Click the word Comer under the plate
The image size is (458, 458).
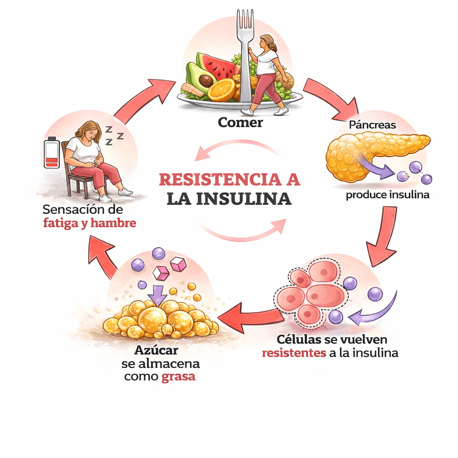[240, 122]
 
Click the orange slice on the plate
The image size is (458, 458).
[221, 90]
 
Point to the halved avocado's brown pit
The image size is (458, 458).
[206, 81]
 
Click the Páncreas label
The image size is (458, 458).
[372, 125]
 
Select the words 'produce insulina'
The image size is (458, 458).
[387, 195]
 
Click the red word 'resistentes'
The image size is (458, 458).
[293, 353]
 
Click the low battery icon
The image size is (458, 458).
[52, 153]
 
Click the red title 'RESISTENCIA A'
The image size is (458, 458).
[229, 179]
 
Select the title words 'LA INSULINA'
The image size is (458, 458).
[229, 199]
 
